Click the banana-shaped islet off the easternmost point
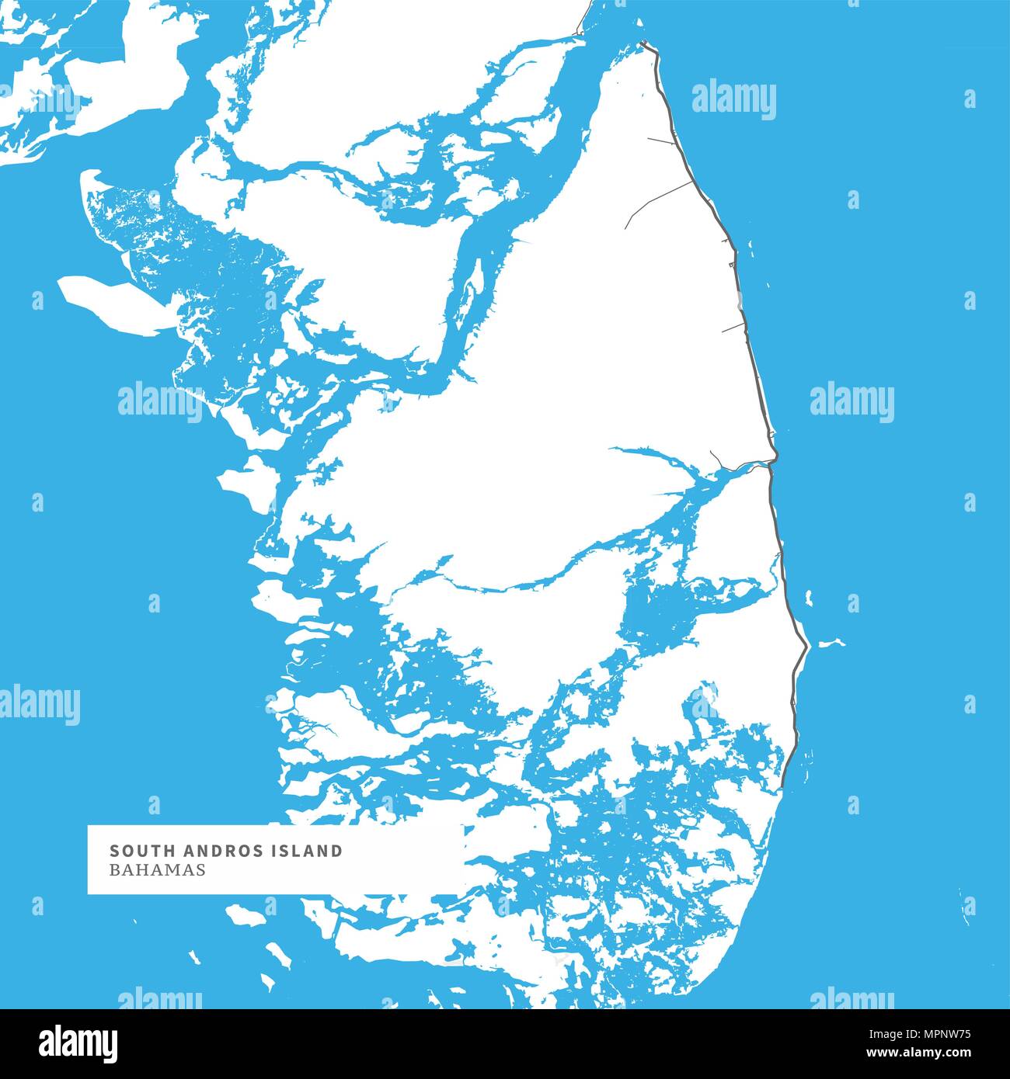832,643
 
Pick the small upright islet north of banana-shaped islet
810,598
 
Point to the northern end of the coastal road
644,43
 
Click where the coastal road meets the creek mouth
770,464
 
